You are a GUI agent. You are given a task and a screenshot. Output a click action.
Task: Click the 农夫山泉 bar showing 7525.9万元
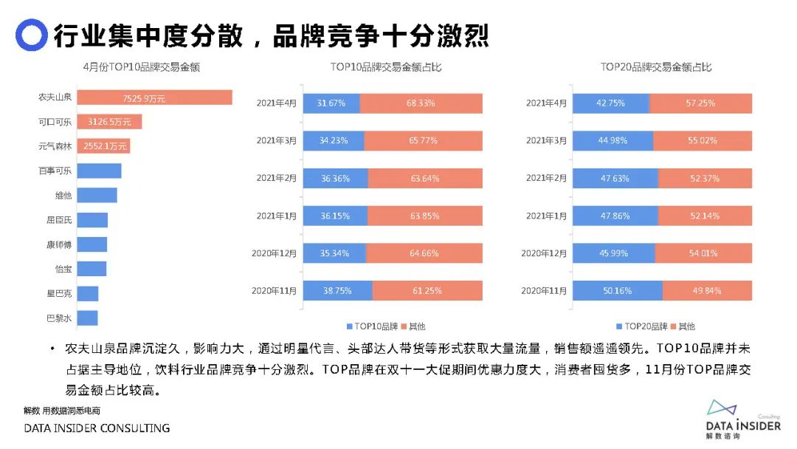(x=154, y=97)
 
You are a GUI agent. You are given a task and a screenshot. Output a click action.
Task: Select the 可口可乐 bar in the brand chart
(x=109, y=122)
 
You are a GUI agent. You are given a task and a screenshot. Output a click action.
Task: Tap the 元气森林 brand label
(x=55, y=146)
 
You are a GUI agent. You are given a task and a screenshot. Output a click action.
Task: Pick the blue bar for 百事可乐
(x=99, y=171)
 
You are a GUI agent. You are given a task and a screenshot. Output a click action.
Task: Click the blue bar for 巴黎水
(x=87, y=318)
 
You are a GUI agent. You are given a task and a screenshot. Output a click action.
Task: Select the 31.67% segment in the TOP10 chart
(x=331, y=103)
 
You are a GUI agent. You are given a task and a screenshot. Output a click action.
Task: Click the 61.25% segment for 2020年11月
(x=427, y=290)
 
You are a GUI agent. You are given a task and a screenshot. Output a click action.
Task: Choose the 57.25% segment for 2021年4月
(x=700, y=103)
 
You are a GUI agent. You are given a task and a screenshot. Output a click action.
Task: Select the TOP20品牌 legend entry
(x=641, y=326)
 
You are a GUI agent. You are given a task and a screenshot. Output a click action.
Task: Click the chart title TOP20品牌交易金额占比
(x=656, y=67)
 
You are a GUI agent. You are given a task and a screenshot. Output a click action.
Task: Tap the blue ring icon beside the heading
(x=31, y=35)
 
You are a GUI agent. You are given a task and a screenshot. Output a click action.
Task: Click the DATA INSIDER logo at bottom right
(x=742, y=420)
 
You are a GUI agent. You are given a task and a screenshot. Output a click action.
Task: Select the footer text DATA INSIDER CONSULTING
(x=97, y=428)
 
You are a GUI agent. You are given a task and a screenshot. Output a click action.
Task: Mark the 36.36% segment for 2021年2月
(x=335, y=178)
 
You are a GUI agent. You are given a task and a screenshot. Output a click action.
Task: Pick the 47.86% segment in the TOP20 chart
(x=615, y=216)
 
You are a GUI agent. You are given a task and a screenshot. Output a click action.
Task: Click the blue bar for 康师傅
(x=92, y=244)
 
